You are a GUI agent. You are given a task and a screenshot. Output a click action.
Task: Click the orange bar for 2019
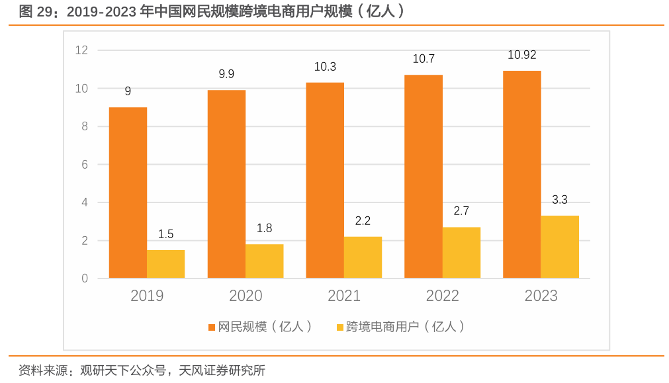coord(128,192)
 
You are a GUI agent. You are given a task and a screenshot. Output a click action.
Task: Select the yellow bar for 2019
coord(165,264)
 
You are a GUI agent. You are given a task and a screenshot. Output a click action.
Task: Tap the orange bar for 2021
coord(325,180)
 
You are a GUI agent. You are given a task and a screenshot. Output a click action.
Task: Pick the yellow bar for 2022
coord(461,252)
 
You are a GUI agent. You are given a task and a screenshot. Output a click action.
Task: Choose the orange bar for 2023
coord(521,174)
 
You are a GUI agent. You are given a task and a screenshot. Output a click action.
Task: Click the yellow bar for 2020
coord(264,261)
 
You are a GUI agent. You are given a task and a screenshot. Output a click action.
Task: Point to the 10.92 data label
coord(521,56)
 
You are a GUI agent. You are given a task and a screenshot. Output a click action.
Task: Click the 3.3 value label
coord(559,200)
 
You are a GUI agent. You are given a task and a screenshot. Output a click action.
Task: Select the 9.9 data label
coord(226,74)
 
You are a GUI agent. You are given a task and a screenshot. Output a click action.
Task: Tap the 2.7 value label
coord(461,212)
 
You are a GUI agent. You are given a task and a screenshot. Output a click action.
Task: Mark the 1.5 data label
coord(165,234)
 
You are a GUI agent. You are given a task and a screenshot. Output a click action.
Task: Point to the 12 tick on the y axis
coord(81,50)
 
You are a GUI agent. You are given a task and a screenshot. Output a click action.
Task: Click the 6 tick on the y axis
coord(85,165)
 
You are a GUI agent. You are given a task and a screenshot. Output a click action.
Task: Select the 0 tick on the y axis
coord(85,278)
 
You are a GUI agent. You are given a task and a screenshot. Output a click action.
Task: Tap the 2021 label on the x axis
coord(344,296)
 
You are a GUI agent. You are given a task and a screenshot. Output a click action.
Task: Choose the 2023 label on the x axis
coord(541,296)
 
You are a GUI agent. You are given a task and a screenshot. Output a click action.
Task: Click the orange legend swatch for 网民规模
coord(212,327)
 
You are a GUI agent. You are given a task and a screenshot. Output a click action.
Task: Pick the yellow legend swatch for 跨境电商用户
coord(340,327)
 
